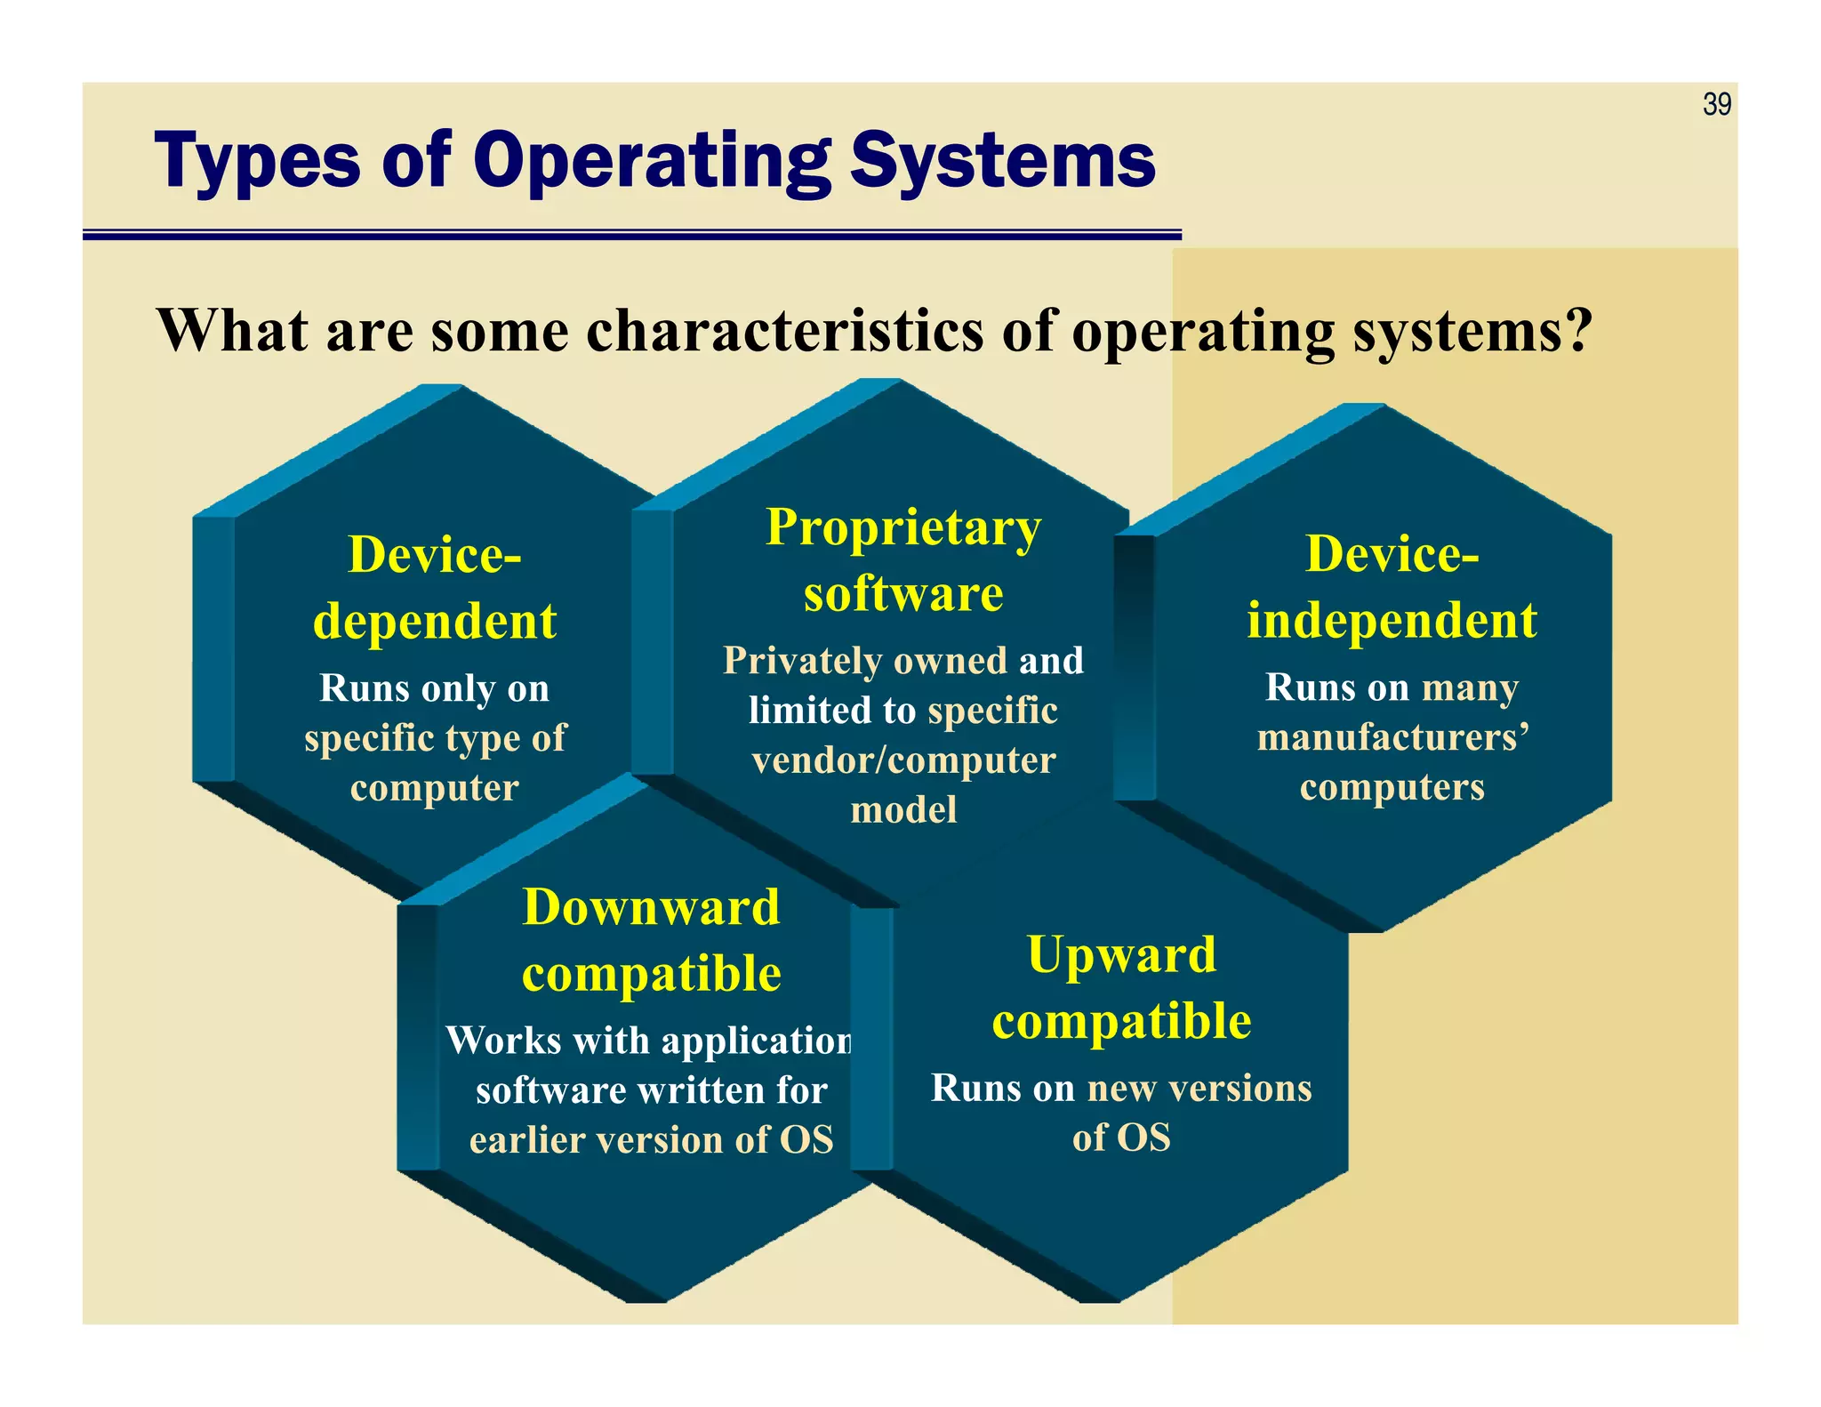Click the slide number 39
tap(1716, 105)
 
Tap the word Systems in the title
tap(1002, 162)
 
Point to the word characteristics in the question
tap(785, 331)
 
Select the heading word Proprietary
tap(903, 527)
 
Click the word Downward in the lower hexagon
tap(651, 907)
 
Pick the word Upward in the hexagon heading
tap(1121, 955)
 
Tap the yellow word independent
tap(1392, 621)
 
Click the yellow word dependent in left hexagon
tap(435, 621)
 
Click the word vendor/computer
tap(903, 760)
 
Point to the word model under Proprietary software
tap(903, 810)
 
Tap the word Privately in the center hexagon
tap(802, 661)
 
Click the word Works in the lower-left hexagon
tap(503, 1041)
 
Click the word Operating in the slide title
tap(651, 162)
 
